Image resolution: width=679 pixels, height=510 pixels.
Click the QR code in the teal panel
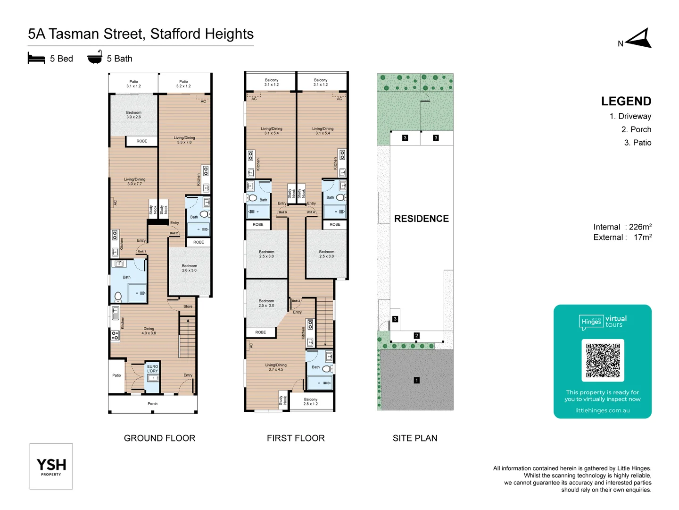pyautogui.click(x=603, y=360)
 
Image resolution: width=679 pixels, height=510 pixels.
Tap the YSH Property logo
pyautogui.click(x=51, y=466)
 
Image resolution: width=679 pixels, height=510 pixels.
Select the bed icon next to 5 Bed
pyautogui.click(x=36, y=59)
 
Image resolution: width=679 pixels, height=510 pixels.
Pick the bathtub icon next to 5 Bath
pyautogui.click(x=95, y=57)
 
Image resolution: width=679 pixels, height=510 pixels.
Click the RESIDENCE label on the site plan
pyautogui.click(x=421, y=219)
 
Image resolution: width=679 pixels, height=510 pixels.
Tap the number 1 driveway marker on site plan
pyautogui.click(x=416, y=380)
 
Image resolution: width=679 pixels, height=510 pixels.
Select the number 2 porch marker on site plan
pyautogui.click(x=416, y=336)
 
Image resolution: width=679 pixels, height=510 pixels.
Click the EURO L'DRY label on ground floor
pyautogui.click(x=152, y=369)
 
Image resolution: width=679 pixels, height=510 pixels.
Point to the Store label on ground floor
pyautogui.click(x=188, y=306)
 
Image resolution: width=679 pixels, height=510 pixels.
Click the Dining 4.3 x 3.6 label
pyautogui.click(x=149, y=331)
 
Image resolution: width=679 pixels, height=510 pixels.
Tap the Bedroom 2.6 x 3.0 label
pyautogui.click(x=189, y=268)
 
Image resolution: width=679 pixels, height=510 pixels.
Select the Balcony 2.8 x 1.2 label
pyautogui.click(x=310, y=402)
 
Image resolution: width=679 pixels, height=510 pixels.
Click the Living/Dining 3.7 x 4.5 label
pyautogui.click(x=276, y=367)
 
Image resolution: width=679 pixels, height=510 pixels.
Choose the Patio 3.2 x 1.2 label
pyautogui.click(x=183, y=84)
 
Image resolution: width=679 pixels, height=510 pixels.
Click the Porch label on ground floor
pyautogui.click(x=152, y=404)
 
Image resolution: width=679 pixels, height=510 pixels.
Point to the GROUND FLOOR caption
pyautogui.click(x=159, y=438)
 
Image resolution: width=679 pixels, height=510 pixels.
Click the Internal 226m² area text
pyautogui.click(x=622, y=227)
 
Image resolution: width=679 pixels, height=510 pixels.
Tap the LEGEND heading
pyautogui.click(x=626, y=102)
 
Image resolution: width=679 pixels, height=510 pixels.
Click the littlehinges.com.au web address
pyautogui.click(x=602, y=410)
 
